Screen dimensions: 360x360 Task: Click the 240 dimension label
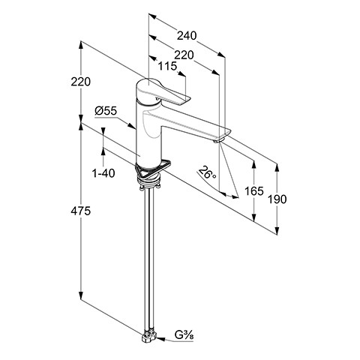(x=187, y=36)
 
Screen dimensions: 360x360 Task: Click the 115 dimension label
(x=167, y=66)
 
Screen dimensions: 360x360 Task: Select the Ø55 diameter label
(x=106, y=111)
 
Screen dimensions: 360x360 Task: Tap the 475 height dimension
(x=80, y=211)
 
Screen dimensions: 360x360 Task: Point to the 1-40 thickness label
(x=103, y=173)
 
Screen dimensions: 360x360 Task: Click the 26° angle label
(x=207, y=172)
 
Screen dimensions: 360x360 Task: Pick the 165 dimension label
(x=254, y=191)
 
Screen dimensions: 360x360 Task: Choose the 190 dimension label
(x=277, y=199)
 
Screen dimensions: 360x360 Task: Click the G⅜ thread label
(x=184, y=335)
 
